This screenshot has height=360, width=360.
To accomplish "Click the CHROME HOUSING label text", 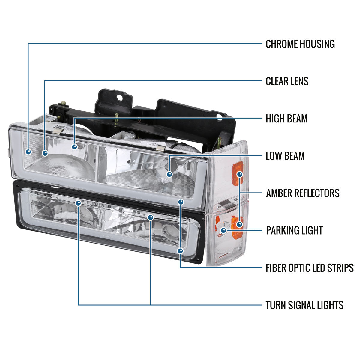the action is pyautogui.click(x=300, y=44).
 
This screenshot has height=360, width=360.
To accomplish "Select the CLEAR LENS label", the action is pyautogui.click(x=287, y=81).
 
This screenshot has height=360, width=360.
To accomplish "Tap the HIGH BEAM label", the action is pyautogui.click(x=286, y=118).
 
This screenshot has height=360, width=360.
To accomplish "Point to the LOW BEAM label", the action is pyautogui.click(x=285, y=156).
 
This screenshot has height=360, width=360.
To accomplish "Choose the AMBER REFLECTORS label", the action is pyautogui.click(x=303, y=193).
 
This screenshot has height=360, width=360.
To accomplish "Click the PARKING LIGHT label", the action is pyautogui.click(x=294, y=230).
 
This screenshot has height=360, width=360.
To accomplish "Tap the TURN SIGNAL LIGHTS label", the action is pyautogui.click(x=304, y=305).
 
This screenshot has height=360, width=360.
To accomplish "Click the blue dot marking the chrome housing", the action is pyautogui.click(x=28, y=152).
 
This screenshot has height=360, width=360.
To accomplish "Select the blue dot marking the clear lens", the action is pyautogui.click(x=45, y=153).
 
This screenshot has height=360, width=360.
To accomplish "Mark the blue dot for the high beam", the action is pyautogui.click(x=74, y=147).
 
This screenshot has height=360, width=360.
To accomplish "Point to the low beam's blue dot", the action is pyautogui.click(x=169, y=174).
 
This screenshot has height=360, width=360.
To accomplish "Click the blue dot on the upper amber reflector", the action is pyautogui.click(x=240, y=174).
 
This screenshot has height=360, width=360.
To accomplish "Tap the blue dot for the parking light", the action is pyautogui.click(x=223, y=230).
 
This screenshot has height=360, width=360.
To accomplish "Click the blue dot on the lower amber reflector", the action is pyautogui.click(x=239, y=224).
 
